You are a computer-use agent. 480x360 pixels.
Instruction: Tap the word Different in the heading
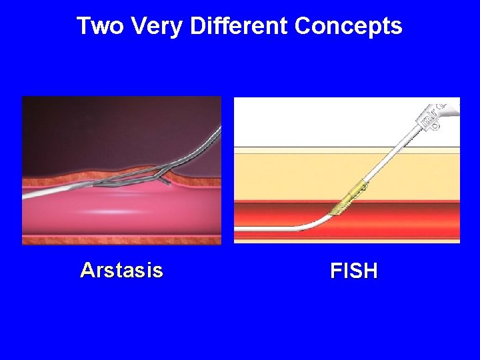coord(238,26)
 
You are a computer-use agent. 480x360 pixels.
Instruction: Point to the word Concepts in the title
coord(348,26)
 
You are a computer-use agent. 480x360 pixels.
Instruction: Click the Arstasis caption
coord(121,270)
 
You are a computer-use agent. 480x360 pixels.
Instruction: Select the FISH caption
coord(353,271)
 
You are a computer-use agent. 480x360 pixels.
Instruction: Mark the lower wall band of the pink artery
coord(120,239)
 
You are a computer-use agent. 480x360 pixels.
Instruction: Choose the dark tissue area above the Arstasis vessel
coord(100,133)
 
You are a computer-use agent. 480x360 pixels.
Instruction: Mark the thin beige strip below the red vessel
coord(347,239)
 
